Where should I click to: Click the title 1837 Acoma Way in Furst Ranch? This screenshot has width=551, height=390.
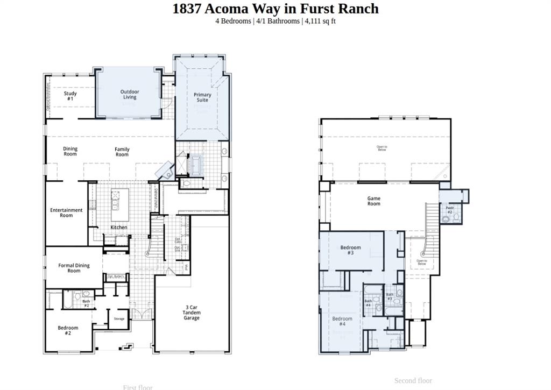275,9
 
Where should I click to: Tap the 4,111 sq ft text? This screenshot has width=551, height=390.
320,21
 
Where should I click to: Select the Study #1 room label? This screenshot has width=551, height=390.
70,96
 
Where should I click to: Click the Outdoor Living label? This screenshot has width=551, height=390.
129,94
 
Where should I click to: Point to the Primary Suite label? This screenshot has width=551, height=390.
202,97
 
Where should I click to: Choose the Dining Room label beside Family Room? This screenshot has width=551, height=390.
70,151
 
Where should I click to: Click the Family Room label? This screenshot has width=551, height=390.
122,152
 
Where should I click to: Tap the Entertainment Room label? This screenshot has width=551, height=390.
66,212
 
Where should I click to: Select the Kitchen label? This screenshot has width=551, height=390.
119,227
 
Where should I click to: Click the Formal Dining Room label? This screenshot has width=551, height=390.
74,268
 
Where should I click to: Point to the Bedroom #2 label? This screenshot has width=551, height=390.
68,330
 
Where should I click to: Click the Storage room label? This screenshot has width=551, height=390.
119,319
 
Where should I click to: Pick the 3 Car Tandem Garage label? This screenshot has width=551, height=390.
191,313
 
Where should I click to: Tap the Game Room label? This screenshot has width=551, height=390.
373,201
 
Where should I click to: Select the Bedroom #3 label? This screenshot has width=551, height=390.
350,250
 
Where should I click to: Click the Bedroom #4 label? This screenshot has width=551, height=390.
342,322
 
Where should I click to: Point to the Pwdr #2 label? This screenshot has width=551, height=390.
450,209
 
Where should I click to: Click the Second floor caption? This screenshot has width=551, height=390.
413,380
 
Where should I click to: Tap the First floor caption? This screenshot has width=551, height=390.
138,387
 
